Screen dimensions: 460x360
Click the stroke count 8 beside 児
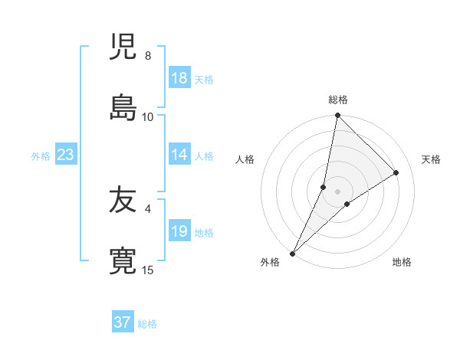148,56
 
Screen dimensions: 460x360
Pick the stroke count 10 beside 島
148,116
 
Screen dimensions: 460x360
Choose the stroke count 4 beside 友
148,208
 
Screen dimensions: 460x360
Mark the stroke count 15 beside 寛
148,270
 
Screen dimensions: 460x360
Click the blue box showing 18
179,78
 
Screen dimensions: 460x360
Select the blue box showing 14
179,155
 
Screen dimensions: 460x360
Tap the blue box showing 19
179,231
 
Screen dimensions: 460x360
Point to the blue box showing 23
66,155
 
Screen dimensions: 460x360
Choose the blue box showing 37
122,322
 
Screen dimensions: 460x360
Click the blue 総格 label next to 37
147,324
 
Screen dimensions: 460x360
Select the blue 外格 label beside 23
41,156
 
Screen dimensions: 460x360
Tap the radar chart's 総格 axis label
338,100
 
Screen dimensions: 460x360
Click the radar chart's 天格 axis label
431,159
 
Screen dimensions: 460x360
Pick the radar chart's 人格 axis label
245,159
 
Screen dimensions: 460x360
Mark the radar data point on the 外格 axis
293,253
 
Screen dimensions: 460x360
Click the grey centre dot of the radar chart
338,191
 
